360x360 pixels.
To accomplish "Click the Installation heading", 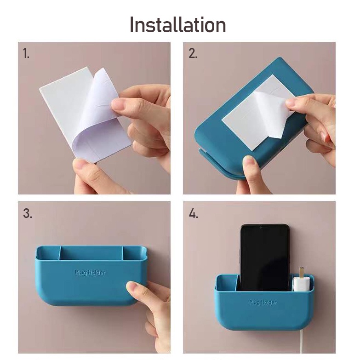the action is pos(178,25).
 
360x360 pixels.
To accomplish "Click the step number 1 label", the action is pos(26,53).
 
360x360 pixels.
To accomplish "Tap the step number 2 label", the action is pos(193,53).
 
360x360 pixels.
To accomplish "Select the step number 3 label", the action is pos(28,213).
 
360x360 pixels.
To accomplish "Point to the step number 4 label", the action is pos(193,213).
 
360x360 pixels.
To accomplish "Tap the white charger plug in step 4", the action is pos(301,284).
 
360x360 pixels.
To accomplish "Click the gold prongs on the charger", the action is pos(302,272).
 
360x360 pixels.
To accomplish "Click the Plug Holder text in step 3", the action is pos(90,273).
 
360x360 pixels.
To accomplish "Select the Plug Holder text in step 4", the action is pos(263,302).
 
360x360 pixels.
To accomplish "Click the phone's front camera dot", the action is pos(261,227).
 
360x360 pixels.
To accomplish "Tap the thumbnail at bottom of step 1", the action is pos(80,164).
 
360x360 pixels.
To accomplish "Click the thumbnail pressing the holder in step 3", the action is pos(134,286).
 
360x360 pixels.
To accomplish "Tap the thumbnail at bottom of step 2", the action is pos(250,161).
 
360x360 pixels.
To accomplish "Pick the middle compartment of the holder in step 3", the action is pos(91,253).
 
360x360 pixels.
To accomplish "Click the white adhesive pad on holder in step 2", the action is pos(252,113).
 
